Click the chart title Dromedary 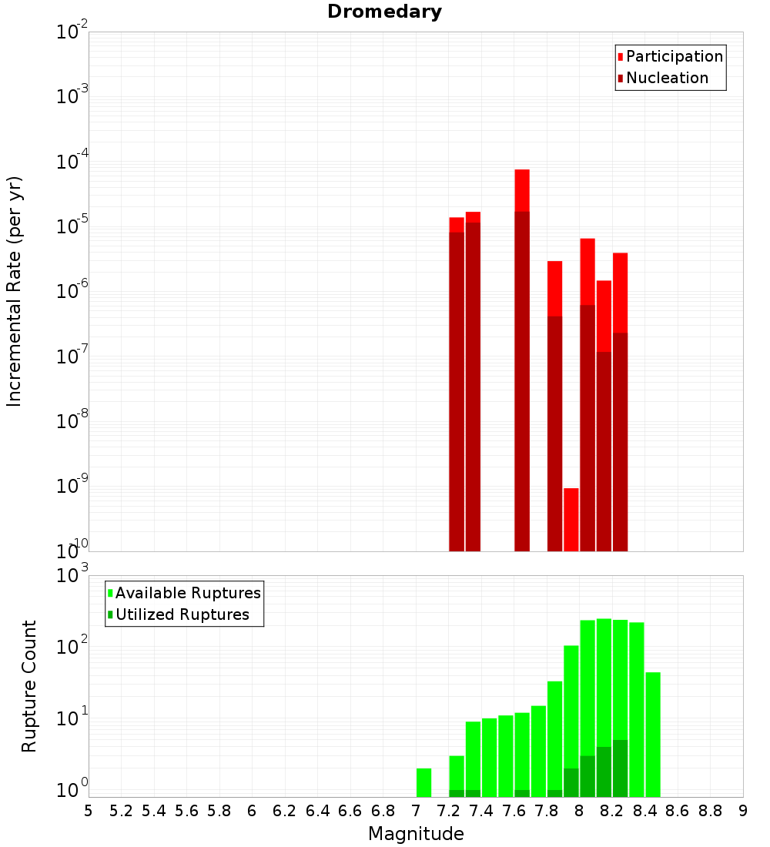tap(384, 12)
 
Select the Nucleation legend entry tap(667, 78)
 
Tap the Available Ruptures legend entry tap(188, 593)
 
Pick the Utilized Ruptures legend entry tap(182, 614)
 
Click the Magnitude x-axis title tap(416, 834)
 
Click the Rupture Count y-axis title tap(29, 686)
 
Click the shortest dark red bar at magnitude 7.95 tap(571, 520)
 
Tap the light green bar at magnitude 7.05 tap(423, 782)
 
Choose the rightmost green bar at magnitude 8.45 tap(653, 735)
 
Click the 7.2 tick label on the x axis tap(449, 810)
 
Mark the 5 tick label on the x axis tap(89, 810)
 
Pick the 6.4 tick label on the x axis tap(318, 810)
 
